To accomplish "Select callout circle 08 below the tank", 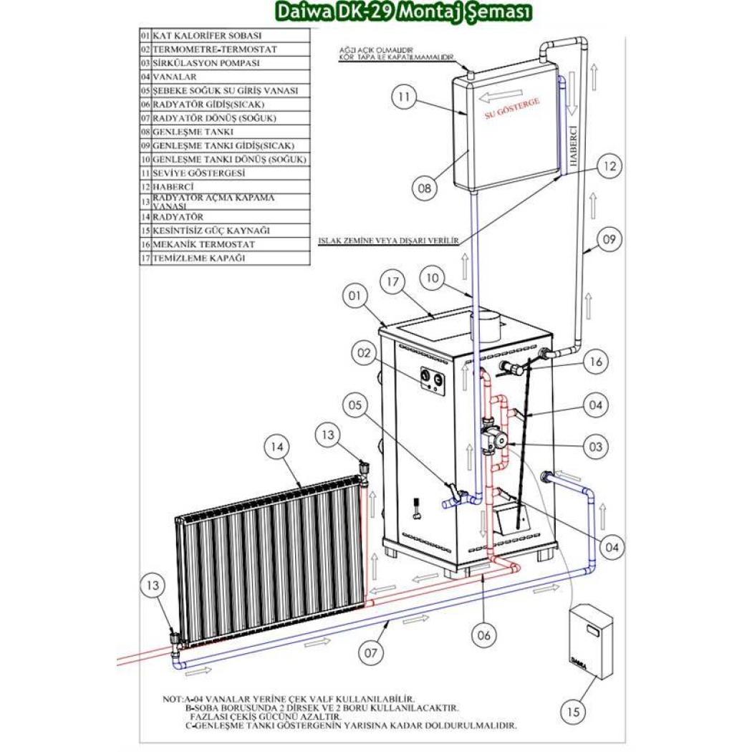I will [x=425, y=188].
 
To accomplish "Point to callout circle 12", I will [x=609, y=166].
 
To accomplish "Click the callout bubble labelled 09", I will [x=609, y=240].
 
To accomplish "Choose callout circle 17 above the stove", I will [x=392, y=282].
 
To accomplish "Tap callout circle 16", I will [x=595, y=362].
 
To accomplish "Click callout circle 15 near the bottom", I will [x=573, y=712].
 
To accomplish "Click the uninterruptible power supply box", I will [x=591, y=642].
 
